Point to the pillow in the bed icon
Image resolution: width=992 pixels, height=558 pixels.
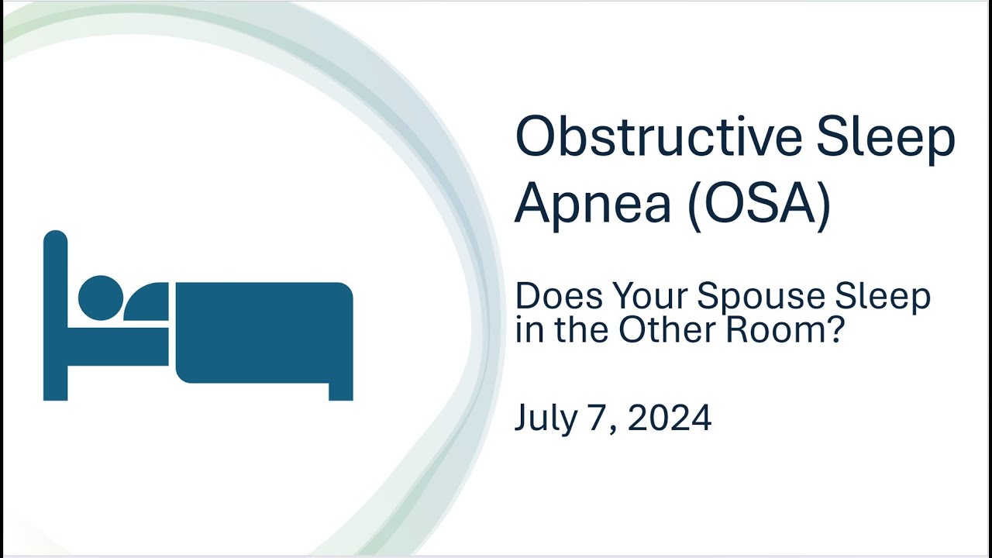147,303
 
